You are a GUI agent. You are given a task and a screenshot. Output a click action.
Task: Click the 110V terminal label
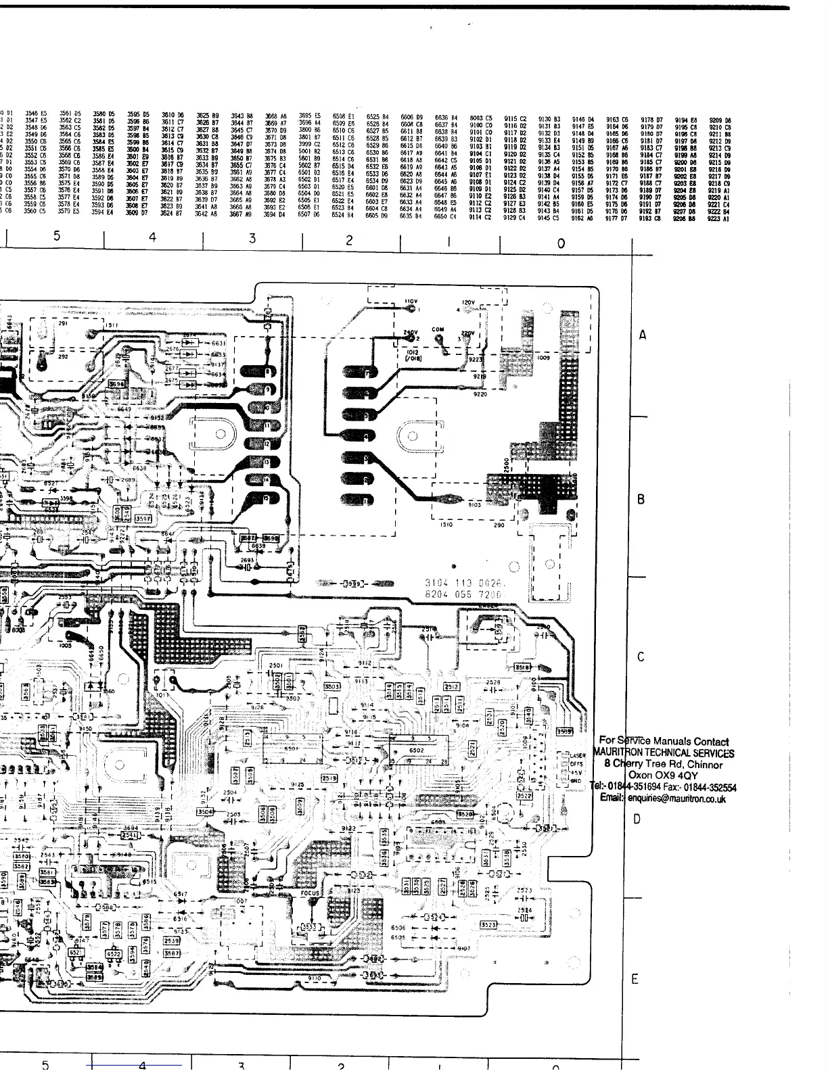click(x=411, y=301)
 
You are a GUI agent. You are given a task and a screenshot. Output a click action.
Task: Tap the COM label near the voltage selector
click(x=438, y=330)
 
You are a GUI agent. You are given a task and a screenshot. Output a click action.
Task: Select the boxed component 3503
click(x=333, y=686)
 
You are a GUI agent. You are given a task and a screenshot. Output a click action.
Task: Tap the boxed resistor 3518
click(x=523, y=667)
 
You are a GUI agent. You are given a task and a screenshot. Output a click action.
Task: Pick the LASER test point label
click(x=577, y=755)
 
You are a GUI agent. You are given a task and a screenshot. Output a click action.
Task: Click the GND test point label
click(x=576, y=780)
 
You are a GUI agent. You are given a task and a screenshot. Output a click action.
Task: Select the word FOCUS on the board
click(x=310, y=893)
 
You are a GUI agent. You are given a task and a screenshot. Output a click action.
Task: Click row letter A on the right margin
click(x=643, y=335)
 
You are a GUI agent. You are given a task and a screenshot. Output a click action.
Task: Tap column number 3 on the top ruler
click(x=252, y=238)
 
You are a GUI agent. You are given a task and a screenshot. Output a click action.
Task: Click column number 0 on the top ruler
click(x=561, y=243)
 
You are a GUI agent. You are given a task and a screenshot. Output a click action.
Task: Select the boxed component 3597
click(x=143, y=518)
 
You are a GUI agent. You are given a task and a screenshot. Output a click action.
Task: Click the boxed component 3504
click(x=204, y=811)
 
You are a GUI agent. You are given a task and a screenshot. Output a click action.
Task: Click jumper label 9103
click(x=474, y=504)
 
